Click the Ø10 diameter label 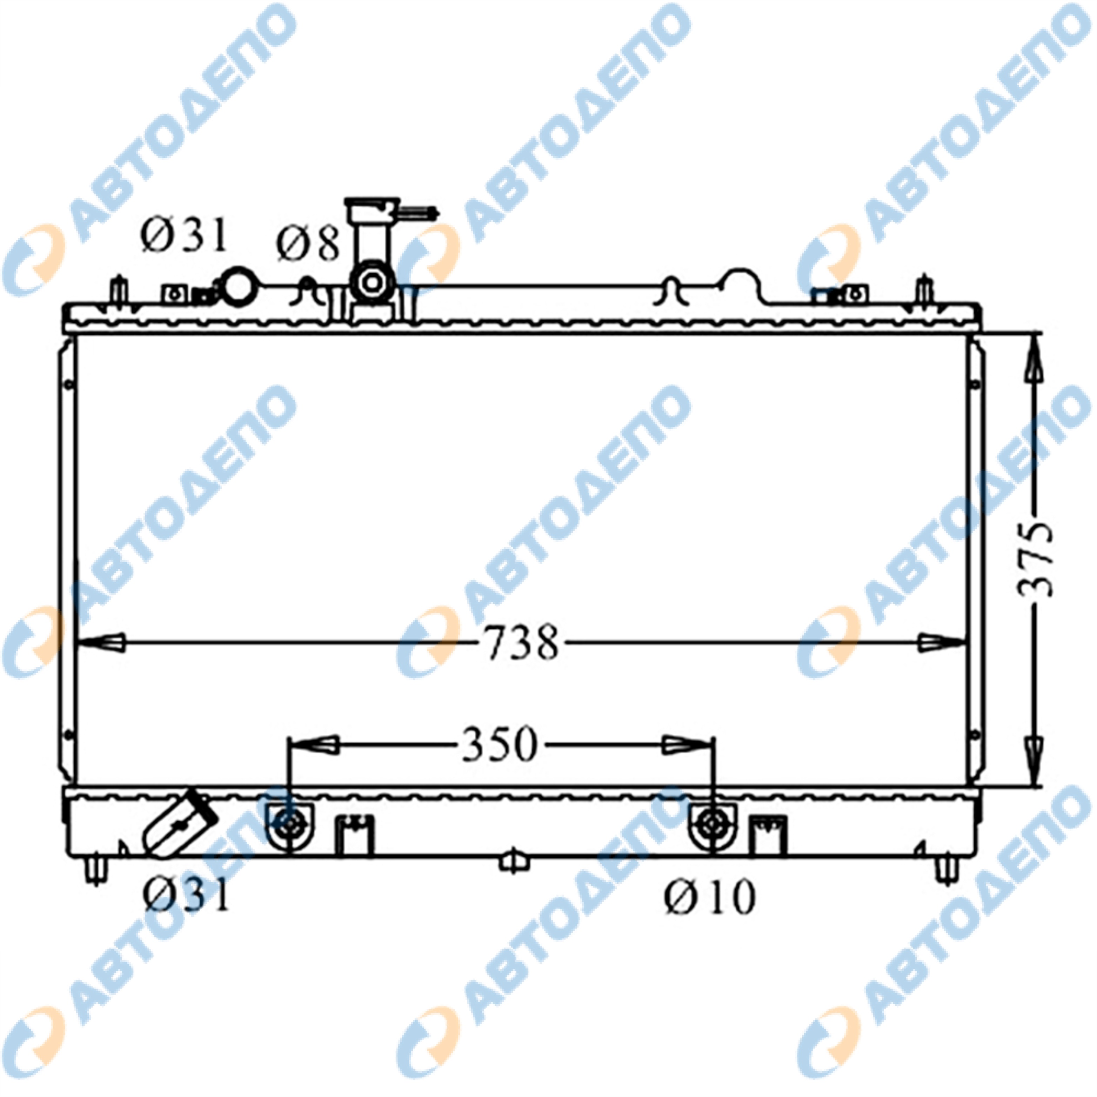(710, 896)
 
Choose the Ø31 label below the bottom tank (186, 893)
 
